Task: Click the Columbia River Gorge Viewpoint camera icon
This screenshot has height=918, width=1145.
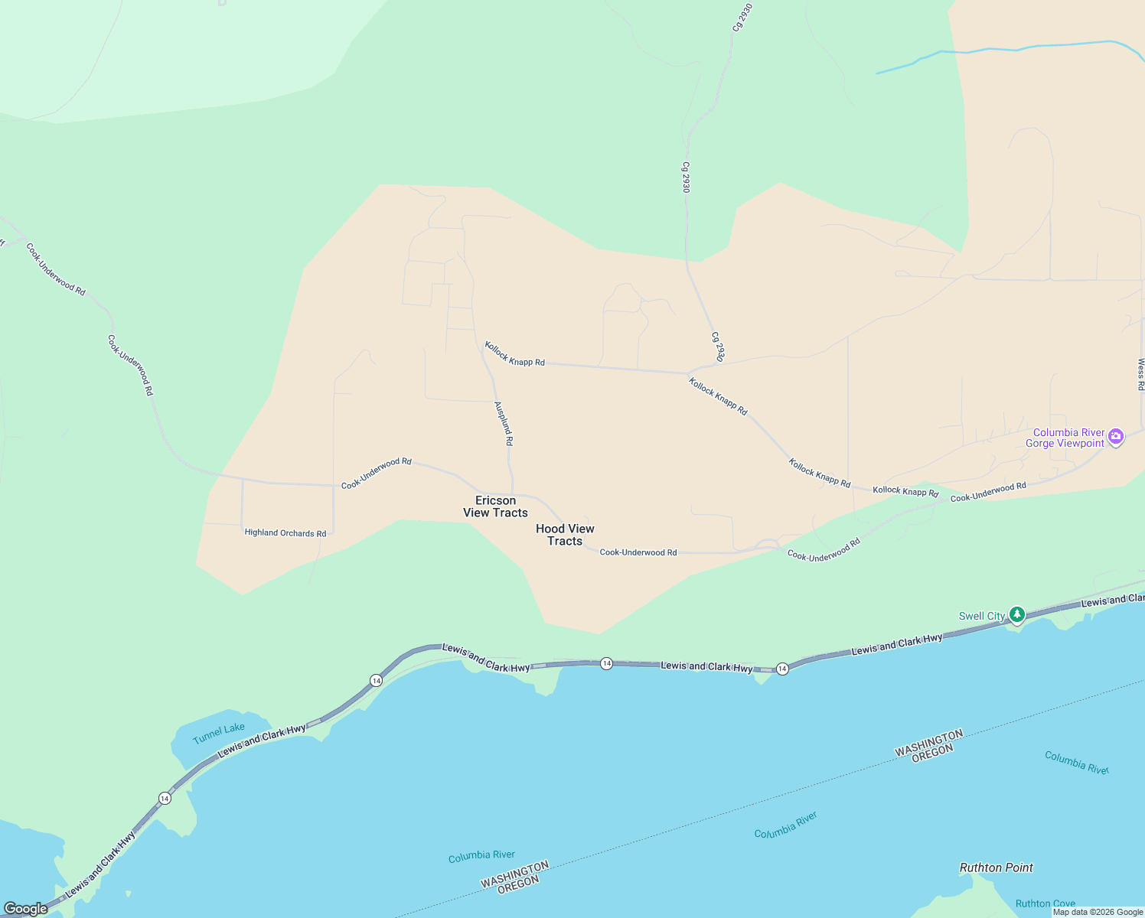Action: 1116,437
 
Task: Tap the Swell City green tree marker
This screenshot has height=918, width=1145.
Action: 1016,614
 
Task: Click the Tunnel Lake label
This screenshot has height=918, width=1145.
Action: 219,734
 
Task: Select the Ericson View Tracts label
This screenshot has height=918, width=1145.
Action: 495,506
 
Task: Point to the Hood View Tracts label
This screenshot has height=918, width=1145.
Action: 565,535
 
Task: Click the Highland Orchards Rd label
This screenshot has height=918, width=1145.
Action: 285,533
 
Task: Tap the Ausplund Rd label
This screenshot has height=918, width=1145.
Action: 504,424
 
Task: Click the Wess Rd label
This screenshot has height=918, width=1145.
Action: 1140,373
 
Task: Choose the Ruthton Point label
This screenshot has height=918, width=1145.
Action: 996,868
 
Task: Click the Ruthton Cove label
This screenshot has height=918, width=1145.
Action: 1045,903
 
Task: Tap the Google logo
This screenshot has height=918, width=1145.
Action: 26,909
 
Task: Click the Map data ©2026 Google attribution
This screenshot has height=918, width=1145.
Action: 1098,912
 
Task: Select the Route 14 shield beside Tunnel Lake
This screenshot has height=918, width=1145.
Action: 165,798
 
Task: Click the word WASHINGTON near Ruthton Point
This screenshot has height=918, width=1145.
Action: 928,742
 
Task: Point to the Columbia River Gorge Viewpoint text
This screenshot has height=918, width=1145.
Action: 1068,438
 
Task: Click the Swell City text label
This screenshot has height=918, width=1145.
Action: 982,616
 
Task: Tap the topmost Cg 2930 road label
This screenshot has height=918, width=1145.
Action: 738,17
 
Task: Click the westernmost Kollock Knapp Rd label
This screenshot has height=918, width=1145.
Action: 515,355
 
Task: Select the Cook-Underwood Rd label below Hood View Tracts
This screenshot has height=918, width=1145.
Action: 638,552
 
